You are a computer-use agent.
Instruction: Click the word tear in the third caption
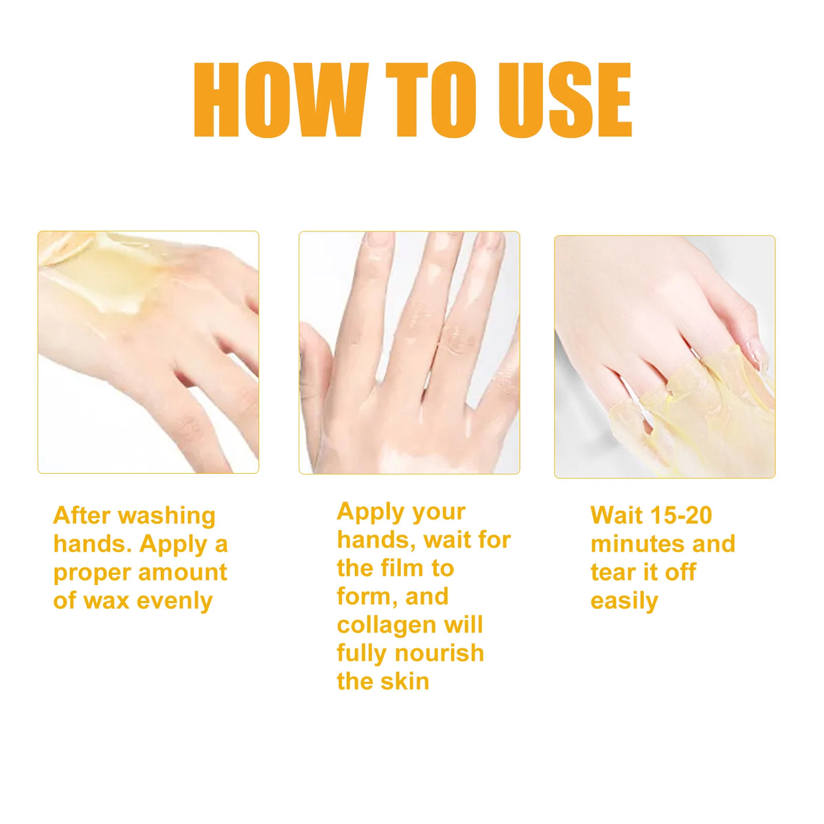click(x=612, y=572)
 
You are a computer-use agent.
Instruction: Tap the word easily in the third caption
click(x=624, y=602)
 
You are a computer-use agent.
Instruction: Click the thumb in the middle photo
click(x=315, y=363)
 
